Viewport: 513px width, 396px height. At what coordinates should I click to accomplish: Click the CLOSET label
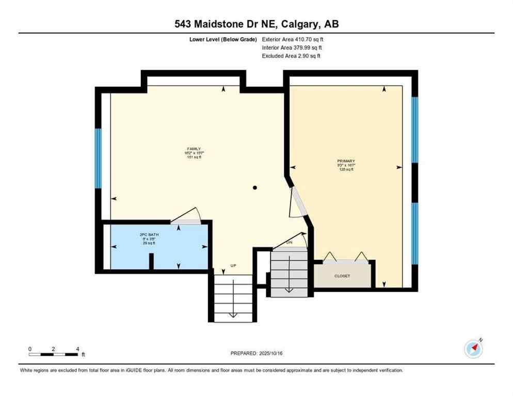click(342, 276)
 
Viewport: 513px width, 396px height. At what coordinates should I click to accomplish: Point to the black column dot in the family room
click(254, 188)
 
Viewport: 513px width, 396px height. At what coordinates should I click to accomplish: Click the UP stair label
click(233, 266)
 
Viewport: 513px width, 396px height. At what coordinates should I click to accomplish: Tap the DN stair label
click(290, 242)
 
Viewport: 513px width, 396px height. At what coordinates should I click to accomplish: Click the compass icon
click(473, 349)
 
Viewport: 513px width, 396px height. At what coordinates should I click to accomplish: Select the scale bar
click(54, 354)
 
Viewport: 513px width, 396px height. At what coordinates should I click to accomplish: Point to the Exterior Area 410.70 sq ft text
click(293, 39)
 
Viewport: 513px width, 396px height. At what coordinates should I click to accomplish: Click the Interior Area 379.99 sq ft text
click(292, 47)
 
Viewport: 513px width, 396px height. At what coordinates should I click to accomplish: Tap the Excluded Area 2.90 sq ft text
click(291, 56)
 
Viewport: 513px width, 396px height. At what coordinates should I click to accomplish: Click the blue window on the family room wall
click(98, 158)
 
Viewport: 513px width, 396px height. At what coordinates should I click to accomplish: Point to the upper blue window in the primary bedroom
click(414, 129)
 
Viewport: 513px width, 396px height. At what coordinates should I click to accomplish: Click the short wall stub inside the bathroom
click(151, 261)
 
